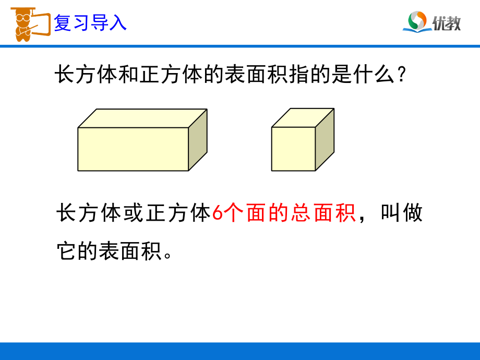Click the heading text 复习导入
coord(90,23)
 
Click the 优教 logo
coord(432,22)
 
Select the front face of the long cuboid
coord(133,149)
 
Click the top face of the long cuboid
coord(142,118)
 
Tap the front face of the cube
coord(293,149)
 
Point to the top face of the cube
coord(303,117)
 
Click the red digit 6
coord(219,214)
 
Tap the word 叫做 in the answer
coord(402,214)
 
